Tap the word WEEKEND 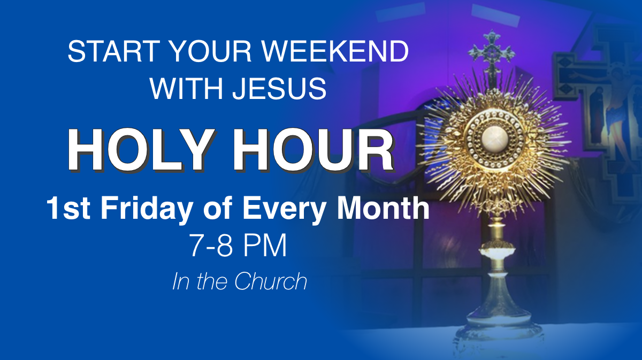tap(335, 51)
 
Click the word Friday tap(147, 209)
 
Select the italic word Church tap(271, 281)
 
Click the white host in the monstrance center tap(495, 140)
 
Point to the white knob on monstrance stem tap(497, 254)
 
